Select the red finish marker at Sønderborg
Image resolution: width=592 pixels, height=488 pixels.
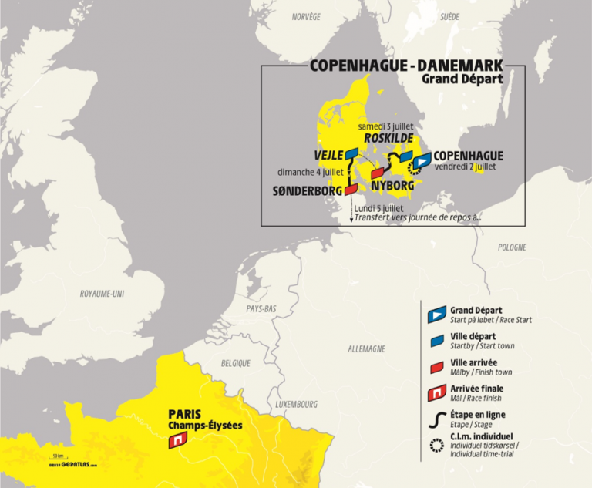[x=351, y=189]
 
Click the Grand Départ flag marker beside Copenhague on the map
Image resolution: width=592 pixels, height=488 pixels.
[x=422, y=161]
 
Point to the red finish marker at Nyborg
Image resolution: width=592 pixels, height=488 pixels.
[x=377, y=173]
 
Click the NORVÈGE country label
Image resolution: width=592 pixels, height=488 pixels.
[x=306, y=16]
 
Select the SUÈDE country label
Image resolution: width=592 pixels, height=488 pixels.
[x=449, y=16]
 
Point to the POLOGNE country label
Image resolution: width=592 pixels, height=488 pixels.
[x=512, y=247]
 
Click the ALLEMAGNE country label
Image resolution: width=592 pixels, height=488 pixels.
[x=366, y=348]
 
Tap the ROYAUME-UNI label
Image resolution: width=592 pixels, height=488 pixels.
[x=102, y=294]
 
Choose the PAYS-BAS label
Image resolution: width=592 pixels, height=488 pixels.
[x=261, y=308]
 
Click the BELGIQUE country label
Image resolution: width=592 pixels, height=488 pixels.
[x=235, y=362]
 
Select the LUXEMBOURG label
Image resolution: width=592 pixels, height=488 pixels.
[x=296, y=404]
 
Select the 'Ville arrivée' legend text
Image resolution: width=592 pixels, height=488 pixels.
[x=473, y=362]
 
